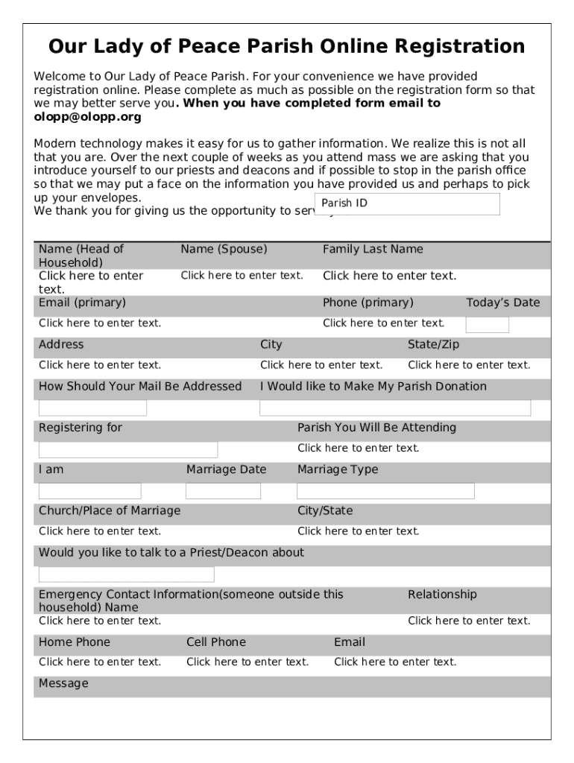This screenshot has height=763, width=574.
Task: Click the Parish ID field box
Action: [407, 204]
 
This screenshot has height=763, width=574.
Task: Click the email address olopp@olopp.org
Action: [87, 117]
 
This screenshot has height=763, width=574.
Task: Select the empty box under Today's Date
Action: [487, 324]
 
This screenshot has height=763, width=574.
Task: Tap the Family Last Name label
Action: [372, 250]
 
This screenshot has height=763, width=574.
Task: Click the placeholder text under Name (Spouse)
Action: [242, 276]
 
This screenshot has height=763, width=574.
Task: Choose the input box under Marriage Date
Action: [223, 491]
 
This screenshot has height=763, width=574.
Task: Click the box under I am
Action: [89, 491]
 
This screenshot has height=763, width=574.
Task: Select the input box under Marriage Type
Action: [385, 491]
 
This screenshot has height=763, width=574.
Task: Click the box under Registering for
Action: [128, 449]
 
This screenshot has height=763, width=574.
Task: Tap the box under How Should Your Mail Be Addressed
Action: [92, 408]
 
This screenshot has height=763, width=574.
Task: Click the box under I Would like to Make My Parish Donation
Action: [395, 408]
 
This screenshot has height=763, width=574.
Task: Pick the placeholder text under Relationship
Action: [469, 621]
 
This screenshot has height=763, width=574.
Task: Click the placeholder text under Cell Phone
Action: [247, 662]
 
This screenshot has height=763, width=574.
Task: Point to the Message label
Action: [63, 683]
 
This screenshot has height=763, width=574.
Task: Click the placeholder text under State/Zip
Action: [469, 365]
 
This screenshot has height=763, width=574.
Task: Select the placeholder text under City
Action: [321, 365]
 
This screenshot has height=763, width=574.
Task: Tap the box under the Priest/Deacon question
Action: [126, 574]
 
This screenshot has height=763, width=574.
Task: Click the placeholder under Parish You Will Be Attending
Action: [358, 449]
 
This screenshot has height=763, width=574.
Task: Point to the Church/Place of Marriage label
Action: [110, 510]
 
